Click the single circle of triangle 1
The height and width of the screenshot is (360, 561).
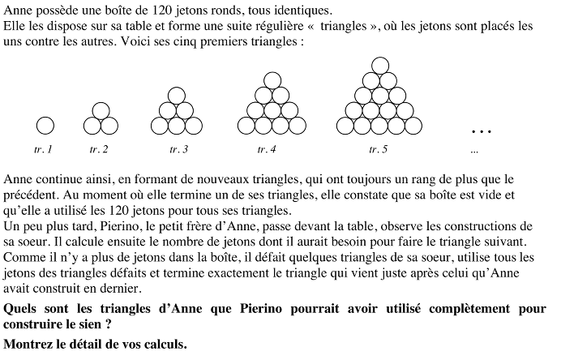pyautogui.click(x=45, y=126)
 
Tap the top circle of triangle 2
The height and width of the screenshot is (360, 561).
pyautogui.click(x=101, y=110)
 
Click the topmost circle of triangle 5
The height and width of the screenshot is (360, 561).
pyautogui.click(x=378, y=66)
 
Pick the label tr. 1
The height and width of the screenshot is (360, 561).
pyautogui.click(x=44, y=149)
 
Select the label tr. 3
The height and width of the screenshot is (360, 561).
pyautogui.click(x=179, y=149)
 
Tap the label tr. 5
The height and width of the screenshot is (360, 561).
pyautogui.click(x=378, y=149)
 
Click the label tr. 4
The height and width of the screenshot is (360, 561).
pyautogui.click(x=267, y=149)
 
